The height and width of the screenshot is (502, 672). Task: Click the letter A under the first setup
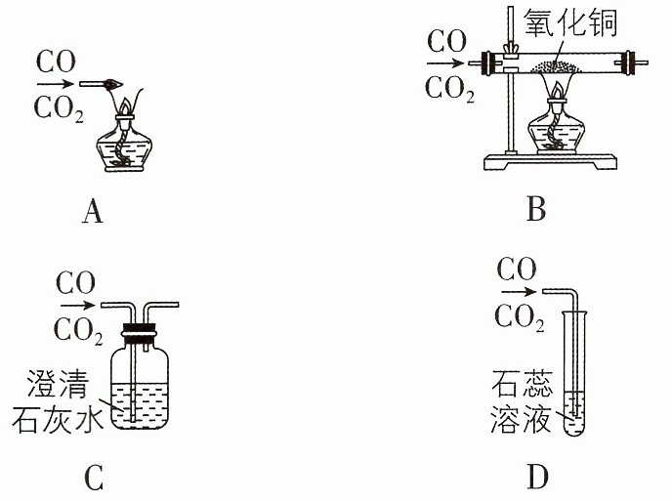click(93, 212)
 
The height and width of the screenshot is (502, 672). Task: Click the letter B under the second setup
click(536, 209)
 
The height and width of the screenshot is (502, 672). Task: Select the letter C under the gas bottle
click(94, 478)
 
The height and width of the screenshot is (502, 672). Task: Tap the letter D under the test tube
click(537, 478)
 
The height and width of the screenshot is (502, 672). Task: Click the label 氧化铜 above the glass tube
click(570, 22)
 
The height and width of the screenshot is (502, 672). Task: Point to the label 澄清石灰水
click(58, 400)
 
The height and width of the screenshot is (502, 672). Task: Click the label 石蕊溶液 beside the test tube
click(522, 400)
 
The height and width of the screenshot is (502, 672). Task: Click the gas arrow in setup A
click(56, 84)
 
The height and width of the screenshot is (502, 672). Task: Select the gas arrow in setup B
click(445, 63)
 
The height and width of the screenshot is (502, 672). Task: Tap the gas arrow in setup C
click(77, 306)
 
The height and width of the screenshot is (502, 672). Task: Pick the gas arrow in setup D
click(519, 292)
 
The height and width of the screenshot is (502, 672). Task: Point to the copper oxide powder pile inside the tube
click(556, 66)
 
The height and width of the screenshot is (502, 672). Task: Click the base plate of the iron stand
click(550, 161)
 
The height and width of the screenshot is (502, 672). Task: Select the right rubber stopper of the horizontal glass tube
click(629, 63)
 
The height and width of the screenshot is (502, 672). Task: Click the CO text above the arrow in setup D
click(517, 270)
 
